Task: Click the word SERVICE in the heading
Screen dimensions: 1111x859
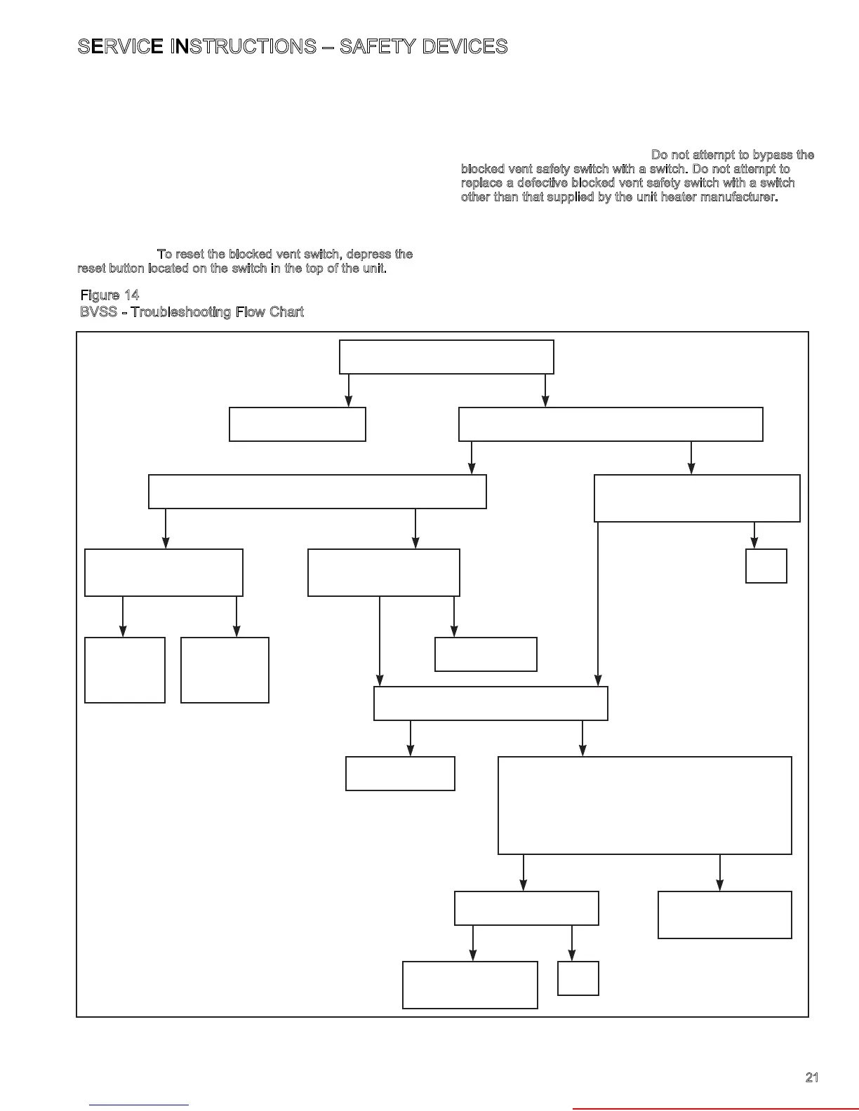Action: click(x=120, y=47)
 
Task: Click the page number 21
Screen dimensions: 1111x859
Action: click(x=812, y=1077)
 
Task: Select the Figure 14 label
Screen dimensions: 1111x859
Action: click(x=109, y=295)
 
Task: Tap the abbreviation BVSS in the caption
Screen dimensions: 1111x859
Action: click(x=98, y=312)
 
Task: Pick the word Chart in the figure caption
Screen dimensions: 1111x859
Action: click(x=287, y=312)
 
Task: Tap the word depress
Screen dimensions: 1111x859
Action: click(x=370, y=254)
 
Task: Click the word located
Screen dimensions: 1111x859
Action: click(x=168, y=269)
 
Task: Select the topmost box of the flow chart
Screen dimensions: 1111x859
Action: click(x=446, y=357)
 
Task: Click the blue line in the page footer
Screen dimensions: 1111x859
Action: click(x=139, y=1105)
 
